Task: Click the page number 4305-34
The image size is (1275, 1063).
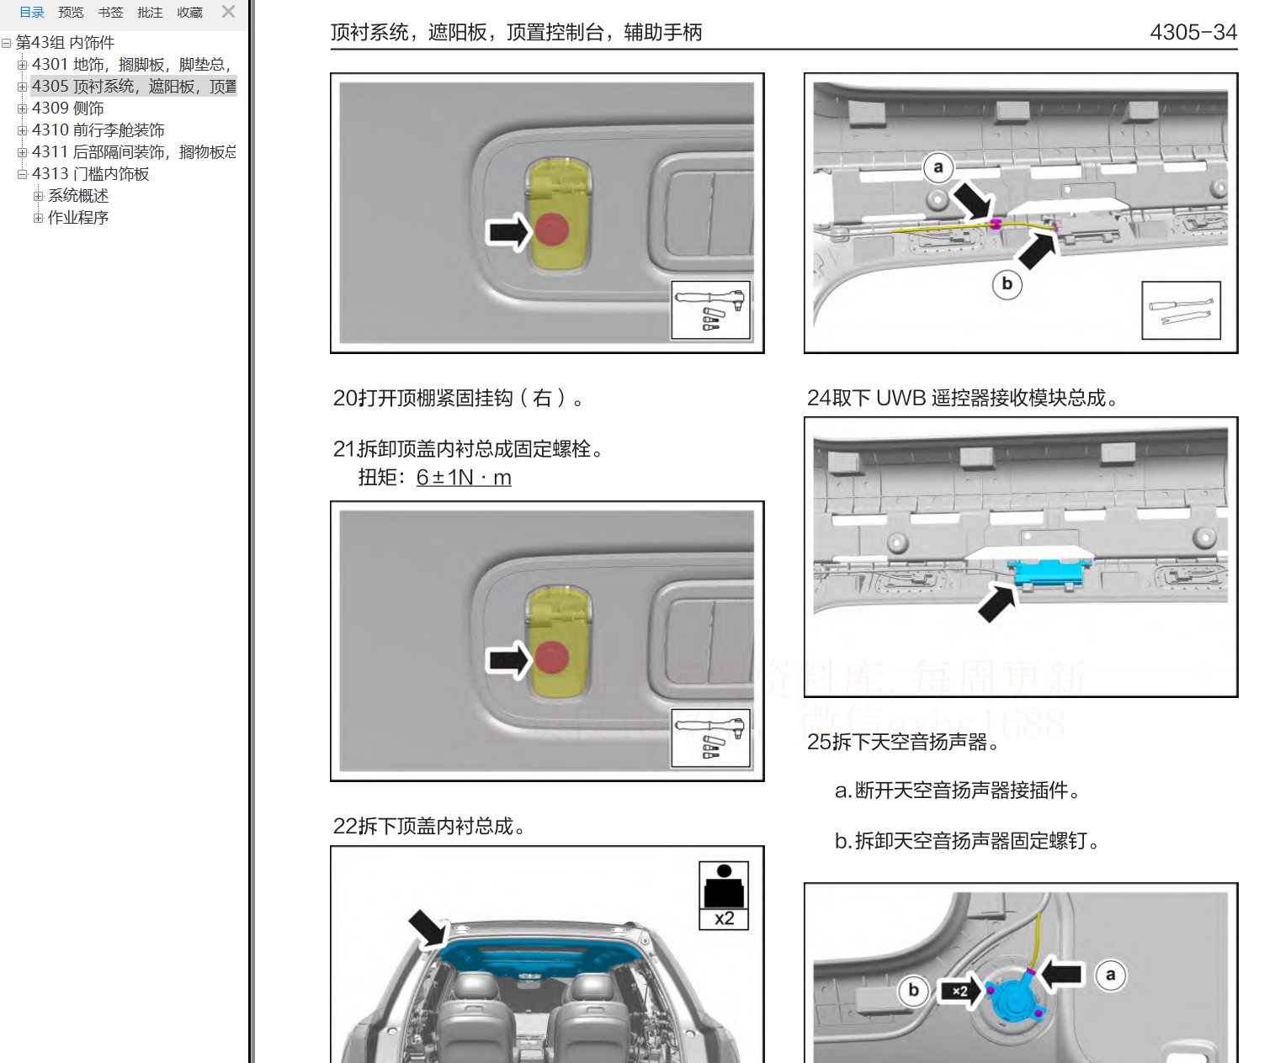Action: (x=1193, y=32)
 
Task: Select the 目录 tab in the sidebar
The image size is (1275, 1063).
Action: (x=32, y=13)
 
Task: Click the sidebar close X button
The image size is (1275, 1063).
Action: (x=228, y=12)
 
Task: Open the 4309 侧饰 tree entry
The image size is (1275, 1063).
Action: (x=67, y=108)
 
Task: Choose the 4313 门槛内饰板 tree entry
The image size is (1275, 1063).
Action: (x=90, y=173)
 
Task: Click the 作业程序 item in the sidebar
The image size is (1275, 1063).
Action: (x=78, y=217)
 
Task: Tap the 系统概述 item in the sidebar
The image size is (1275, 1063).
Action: (x=78, y=195)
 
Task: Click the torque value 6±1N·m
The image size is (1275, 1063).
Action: (x=464, y=478)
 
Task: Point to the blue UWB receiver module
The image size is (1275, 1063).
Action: (x=1051, y=571)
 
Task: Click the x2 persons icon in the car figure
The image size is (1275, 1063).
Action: (x=724, y=896)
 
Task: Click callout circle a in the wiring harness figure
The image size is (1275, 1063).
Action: (x=938, y=167)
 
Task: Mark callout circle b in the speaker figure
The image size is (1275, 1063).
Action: (x=913, y=990)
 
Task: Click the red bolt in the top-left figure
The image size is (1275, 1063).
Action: (x=552, y=229)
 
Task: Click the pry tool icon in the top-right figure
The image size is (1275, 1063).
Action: (x=1181, y=310)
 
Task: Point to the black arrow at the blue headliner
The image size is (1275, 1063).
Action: (x=428, y=928)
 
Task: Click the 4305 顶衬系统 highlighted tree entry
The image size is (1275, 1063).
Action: (x=133, y=86)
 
